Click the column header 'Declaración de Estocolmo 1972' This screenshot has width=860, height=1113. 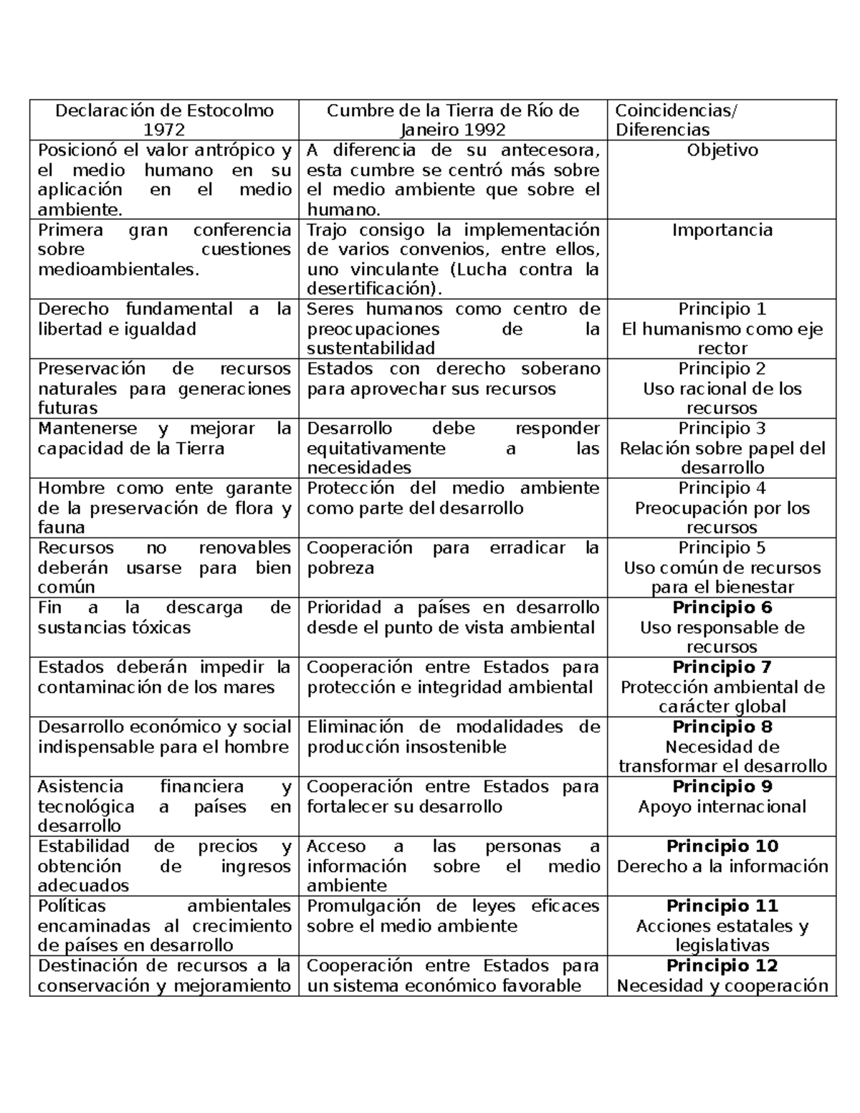164,120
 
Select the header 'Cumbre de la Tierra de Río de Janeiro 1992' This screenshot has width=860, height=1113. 452,120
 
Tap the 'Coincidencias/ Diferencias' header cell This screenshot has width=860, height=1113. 676,120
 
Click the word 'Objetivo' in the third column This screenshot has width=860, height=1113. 722,151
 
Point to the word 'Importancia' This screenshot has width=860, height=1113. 722,230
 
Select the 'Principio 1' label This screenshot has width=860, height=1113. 722,309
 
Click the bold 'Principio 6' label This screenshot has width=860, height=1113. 722,608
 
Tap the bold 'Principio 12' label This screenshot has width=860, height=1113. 722,965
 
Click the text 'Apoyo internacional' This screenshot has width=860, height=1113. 722,806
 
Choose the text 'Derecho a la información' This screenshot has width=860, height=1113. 722,866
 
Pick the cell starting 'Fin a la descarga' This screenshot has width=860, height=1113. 164,618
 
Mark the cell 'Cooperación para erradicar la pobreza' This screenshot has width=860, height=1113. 452,558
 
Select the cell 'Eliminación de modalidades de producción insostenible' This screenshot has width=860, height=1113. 452,737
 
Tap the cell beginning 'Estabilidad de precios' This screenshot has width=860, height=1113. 164,866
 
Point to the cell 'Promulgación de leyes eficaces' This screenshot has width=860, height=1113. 452,916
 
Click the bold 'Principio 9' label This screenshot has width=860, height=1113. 722,786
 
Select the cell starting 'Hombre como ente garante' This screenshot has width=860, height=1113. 164,507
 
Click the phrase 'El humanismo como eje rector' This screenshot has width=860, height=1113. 722,338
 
